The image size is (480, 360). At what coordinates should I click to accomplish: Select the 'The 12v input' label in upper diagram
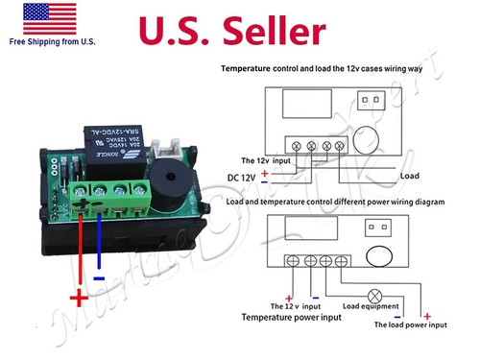[263, 160]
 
